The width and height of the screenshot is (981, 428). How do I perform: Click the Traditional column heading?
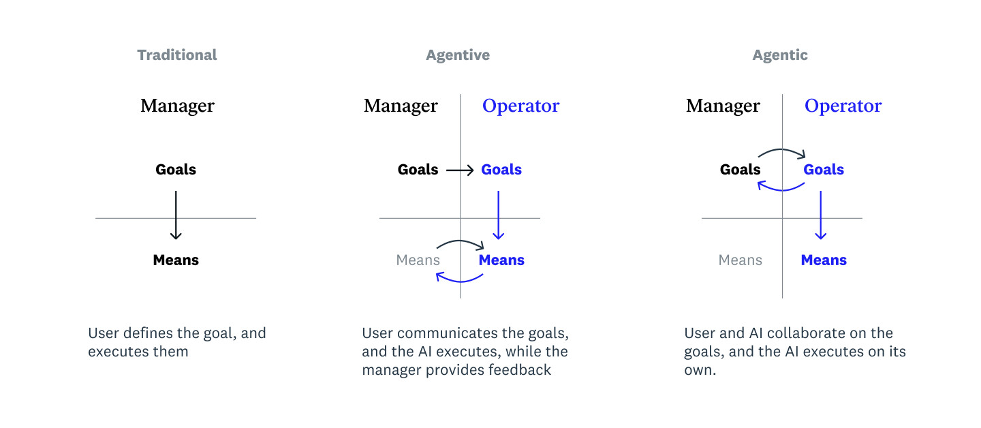(x=177, y=55)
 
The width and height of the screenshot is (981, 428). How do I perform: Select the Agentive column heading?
(x=458, y=55)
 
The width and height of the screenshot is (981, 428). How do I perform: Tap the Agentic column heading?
(x=780, y=55)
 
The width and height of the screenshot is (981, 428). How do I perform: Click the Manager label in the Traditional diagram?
(x=177, y=106)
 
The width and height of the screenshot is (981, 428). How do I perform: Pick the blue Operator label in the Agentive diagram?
(x=520, y=106)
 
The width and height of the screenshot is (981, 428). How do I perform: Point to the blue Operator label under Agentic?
(x=843, y=106)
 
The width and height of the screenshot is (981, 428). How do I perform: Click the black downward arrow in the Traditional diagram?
(x=176, y=215)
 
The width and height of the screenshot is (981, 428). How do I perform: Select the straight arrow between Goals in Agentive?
(x=460, y=170)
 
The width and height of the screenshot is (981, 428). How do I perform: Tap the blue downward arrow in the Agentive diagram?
(x=499, y=215)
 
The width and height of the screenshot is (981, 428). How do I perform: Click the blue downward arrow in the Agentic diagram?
(x=821, y=215)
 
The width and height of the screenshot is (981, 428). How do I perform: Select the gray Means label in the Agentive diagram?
(x=418, y=260)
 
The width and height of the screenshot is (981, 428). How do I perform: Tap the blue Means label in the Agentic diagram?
(x=824, y=260)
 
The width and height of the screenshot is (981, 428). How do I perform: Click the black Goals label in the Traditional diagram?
(x=176, y=170)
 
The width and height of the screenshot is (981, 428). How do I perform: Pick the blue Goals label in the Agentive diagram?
(x=501, y=170)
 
